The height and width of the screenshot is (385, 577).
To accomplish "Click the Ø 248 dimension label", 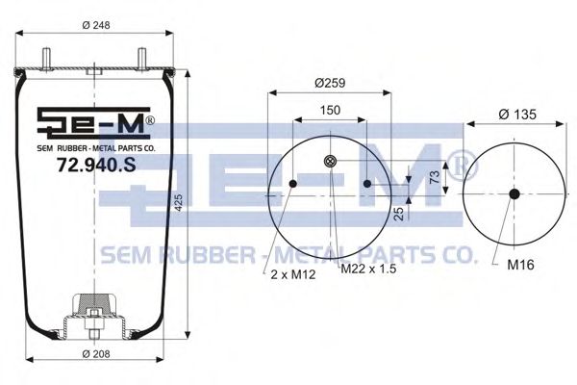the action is (x=96, y=25).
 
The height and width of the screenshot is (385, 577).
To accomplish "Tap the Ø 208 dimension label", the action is (x=96, y=353).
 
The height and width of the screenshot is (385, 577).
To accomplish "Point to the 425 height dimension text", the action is (x=178, y=203).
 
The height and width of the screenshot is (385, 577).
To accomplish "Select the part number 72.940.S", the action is (x=96, y=165).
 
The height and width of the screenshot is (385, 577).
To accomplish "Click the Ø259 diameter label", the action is (x=330, y=83).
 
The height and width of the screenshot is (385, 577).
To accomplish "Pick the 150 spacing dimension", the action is (x=330, y=110).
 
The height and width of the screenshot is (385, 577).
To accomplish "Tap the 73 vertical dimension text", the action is (x=435, y=177).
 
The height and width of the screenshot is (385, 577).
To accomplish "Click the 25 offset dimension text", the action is (x=399, y=214).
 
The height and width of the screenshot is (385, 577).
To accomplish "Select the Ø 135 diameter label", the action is (x=517, y=115).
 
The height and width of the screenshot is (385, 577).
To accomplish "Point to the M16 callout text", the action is (x=520, y=264).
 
